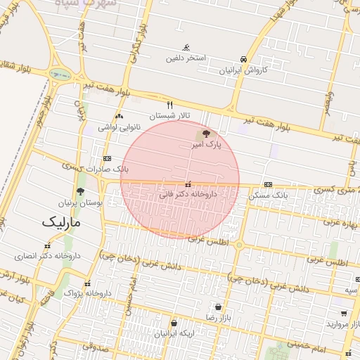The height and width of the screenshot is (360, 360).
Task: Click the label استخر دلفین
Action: tap(186, 58)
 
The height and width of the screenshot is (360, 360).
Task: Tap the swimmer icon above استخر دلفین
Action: tap(186, 47)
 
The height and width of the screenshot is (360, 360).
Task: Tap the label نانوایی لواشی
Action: tap(120, 127)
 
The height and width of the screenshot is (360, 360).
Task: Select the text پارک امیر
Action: tap(205, 143)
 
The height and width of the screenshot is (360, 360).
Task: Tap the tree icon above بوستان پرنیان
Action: tap(80, 191)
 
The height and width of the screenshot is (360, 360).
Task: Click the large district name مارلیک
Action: tap(62, 222)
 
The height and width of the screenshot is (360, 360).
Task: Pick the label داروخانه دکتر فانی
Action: tap(188, 193)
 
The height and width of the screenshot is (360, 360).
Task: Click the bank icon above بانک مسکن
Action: tap(268, 184)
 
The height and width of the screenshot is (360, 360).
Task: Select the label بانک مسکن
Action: tap(268, 194)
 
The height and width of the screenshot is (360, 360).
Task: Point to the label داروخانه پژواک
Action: tap(88, 292)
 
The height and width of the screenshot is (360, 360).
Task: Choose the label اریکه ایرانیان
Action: tap(172, 333)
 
